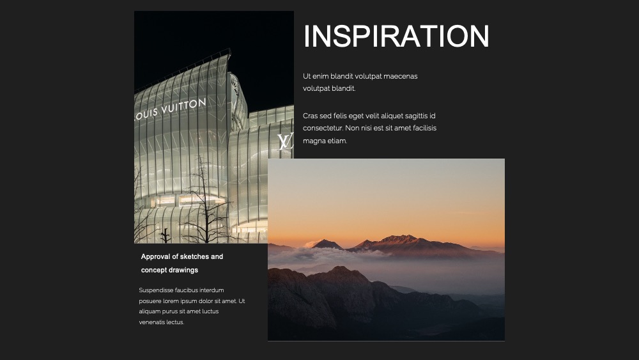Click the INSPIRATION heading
pyautogui.click(x=396, y=36)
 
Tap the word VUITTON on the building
pyautogui.click(x=184, y=106)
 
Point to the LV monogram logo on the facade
pyautogui.click(x=285, y=142)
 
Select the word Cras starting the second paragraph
pyautogui.click(x=310, y=116)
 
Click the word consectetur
pyautogui.click(x=323, y=128)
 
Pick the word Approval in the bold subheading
pyautogui.click(x=155, y=257)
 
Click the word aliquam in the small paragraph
pyautogui.click(x=150, y=311)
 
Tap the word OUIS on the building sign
pyautogui.click(x=147, y=114)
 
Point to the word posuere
pyautogui.click(x=150, y=301)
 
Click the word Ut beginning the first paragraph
pyautogui.click(x=307, y=76)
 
